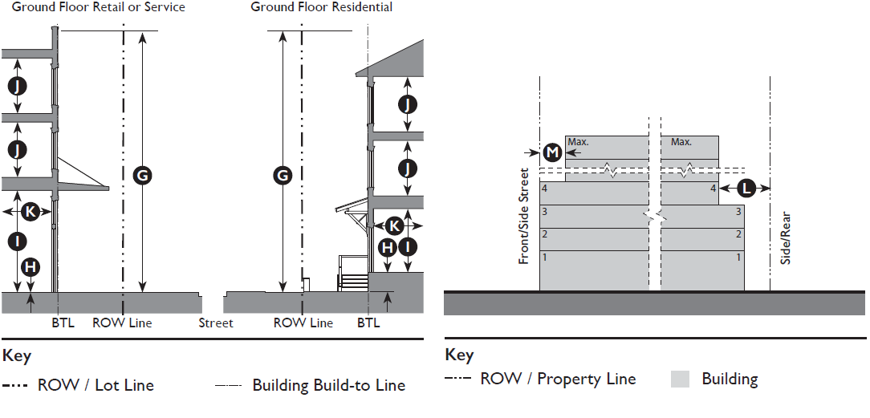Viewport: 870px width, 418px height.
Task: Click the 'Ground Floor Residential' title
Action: click(x=321, y=7)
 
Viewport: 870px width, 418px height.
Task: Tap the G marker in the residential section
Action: click(x=283, y=176)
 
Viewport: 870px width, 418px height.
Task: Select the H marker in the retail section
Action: click(x=30, y=266)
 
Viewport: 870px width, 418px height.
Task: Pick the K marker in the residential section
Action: click(x=394, y=225)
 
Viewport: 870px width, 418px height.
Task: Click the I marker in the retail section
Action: click(x=18, y=240)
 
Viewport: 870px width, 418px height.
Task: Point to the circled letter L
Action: click(x=746, y=189)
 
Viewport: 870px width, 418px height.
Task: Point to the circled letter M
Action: click(x=551, y=152)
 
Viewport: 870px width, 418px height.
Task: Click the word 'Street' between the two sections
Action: click(x=216, y=323)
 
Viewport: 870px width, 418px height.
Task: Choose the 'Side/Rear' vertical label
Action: click(x=786, y=238)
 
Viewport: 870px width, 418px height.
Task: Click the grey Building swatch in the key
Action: click(x=681, y=379)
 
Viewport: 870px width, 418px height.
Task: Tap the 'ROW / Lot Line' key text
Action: click(x=96, y=386)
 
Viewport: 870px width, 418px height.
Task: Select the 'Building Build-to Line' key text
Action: click(x=328, y=386)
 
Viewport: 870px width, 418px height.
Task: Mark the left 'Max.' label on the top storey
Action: click(x=578, y=142)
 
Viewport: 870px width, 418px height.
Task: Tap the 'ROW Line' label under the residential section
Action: click(x=303, y=323)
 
